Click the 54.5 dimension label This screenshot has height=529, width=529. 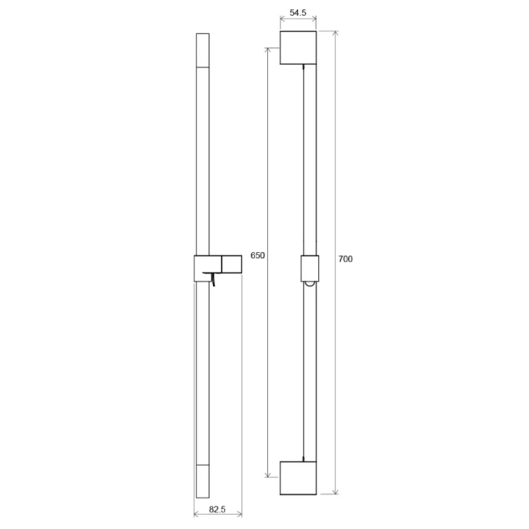(298, 13)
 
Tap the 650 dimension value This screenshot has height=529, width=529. (257, 255)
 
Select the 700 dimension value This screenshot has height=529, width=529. (345, 259)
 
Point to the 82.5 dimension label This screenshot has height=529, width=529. (217, 509)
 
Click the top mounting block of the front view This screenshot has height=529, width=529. (298, 48)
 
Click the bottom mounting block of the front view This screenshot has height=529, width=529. (298, 478)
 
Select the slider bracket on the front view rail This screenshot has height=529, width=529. (310, 269)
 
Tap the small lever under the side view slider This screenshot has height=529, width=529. (212, 279)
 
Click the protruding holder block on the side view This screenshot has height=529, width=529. (232, 264)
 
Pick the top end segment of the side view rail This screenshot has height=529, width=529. (203, 50)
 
